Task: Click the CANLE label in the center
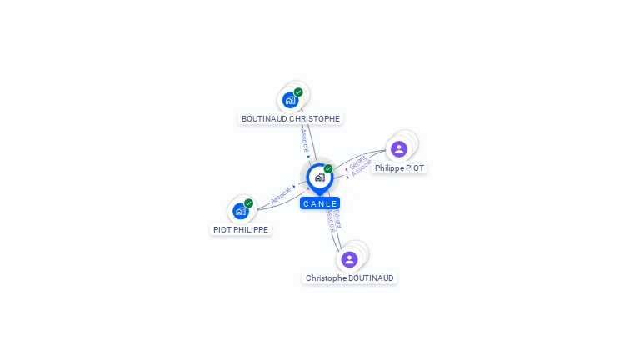coord(320,203)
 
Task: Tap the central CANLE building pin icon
coord(319,177)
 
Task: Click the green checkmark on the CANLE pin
coord(328,169)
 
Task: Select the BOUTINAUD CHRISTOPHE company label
coord(290,118)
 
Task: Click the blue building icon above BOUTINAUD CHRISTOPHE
coord(289,100)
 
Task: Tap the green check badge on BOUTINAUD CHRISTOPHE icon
coord(298,92)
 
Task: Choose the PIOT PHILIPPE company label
coord(241,229)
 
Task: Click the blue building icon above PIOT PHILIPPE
coord(240,211)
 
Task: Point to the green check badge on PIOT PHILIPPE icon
coord(248,203)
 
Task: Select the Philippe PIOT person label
coord(399,167)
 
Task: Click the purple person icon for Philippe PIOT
coord(398,149)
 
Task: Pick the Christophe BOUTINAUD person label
coord(349,277)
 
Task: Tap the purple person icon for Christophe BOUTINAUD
coord(349,259)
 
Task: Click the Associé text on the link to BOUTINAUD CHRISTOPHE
coord(305,139)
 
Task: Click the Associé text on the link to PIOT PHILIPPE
coord(281,196)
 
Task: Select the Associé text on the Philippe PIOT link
coord(362,168)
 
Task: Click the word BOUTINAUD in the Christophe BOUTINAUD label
coord(372,277)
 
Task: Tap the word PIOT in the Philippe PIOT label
coord(414,167)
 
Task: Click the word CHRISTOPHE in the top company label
coord(314,118)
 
